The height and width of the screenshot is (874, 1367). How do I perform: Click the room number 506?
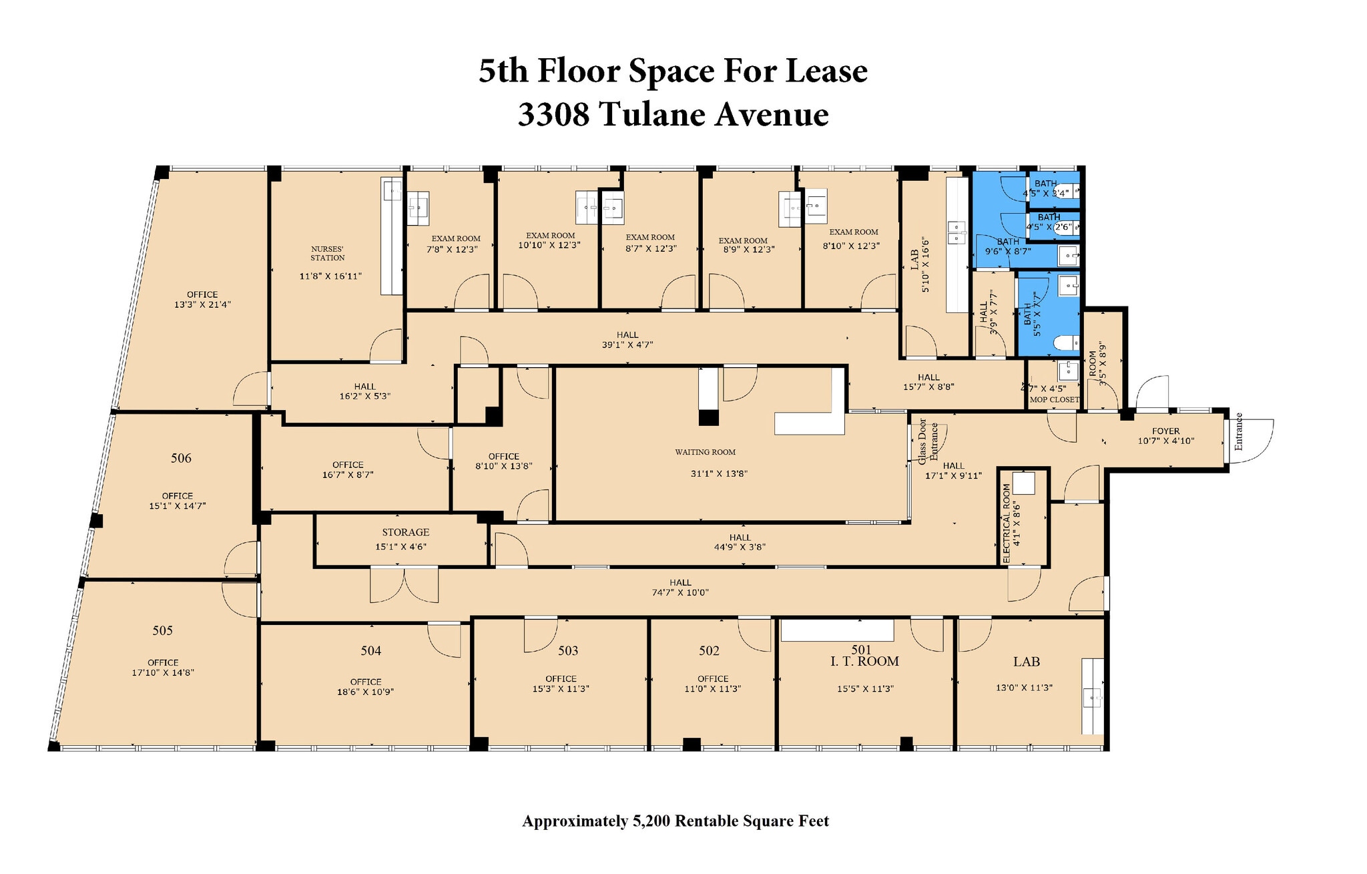tap(181, 458)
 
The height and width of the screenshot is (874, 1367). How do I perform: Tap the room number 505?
tap(163, 630)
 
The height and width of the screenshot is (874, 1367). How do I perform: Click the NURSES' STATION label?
tap(328, 253)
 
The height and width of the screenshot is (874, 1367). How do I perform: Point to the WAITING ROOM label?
tap(705, 452)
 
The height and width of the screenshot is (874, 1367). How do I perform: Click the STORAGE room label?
tap(405, 532)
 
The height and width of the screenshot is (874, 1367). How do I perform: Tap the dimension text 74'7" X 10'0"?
tap(680, 592)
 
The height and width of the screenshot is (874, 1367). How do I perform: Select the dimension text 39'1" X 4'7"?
tap(627, 345)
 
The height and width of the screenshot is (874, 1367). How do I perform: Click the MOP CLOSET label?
tap(1054, 400)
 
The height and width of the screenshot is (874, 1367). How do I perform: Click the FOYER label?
tap(1165, 431)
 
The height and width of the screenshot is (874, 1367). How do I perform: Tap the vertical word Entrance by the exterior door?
tap(1238, 431)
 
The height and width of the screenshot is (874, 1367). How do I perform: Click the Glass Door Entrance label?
tap(928, 441)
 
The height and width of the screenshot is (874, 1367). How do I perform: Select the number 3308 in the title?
tap(553, 114)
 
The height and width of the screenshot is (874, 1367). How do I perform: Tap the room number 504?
tap(371, 650)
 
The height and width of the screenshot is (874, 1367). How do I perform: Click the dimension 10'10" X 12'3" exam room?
tap(549, 245)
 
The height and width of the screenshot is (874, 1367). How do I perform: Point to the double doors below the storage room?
tap(404, 585)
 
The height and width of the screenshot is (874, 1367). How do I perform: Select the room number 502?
tap(709, 650)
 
